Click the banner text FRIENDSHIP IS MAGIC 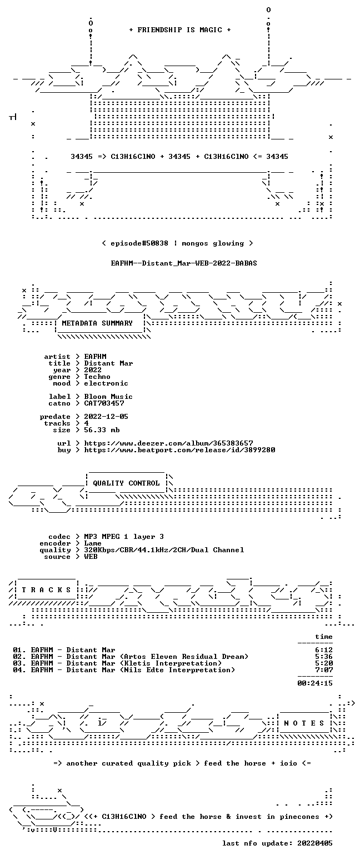point(180,30)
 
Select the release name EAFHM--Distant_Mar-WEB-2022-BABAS point(184,263)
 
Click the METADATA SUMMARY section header point(97,323)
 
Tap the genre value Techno point(97,377)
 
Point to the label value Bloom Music point(108,397)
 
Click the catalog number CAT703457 point(104,403)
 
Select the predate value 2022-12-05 point(106,417)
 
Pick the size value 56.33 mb point(102,430)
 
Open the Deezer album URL point(168,443)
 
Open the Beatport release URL point(179,450)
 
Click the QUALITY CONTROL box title point(126,483)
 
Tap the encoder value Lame point(92,543)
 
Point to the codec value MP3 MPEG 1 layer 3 point(124,537)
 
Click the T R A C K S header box point(47,590)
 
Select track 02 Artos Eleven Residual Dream point(131,657)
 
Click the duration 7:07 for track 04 point(324,670)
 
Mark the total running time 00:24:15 point(315,683)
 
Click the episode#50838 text point(139,243)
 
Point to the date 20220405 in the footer point(315,843)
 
